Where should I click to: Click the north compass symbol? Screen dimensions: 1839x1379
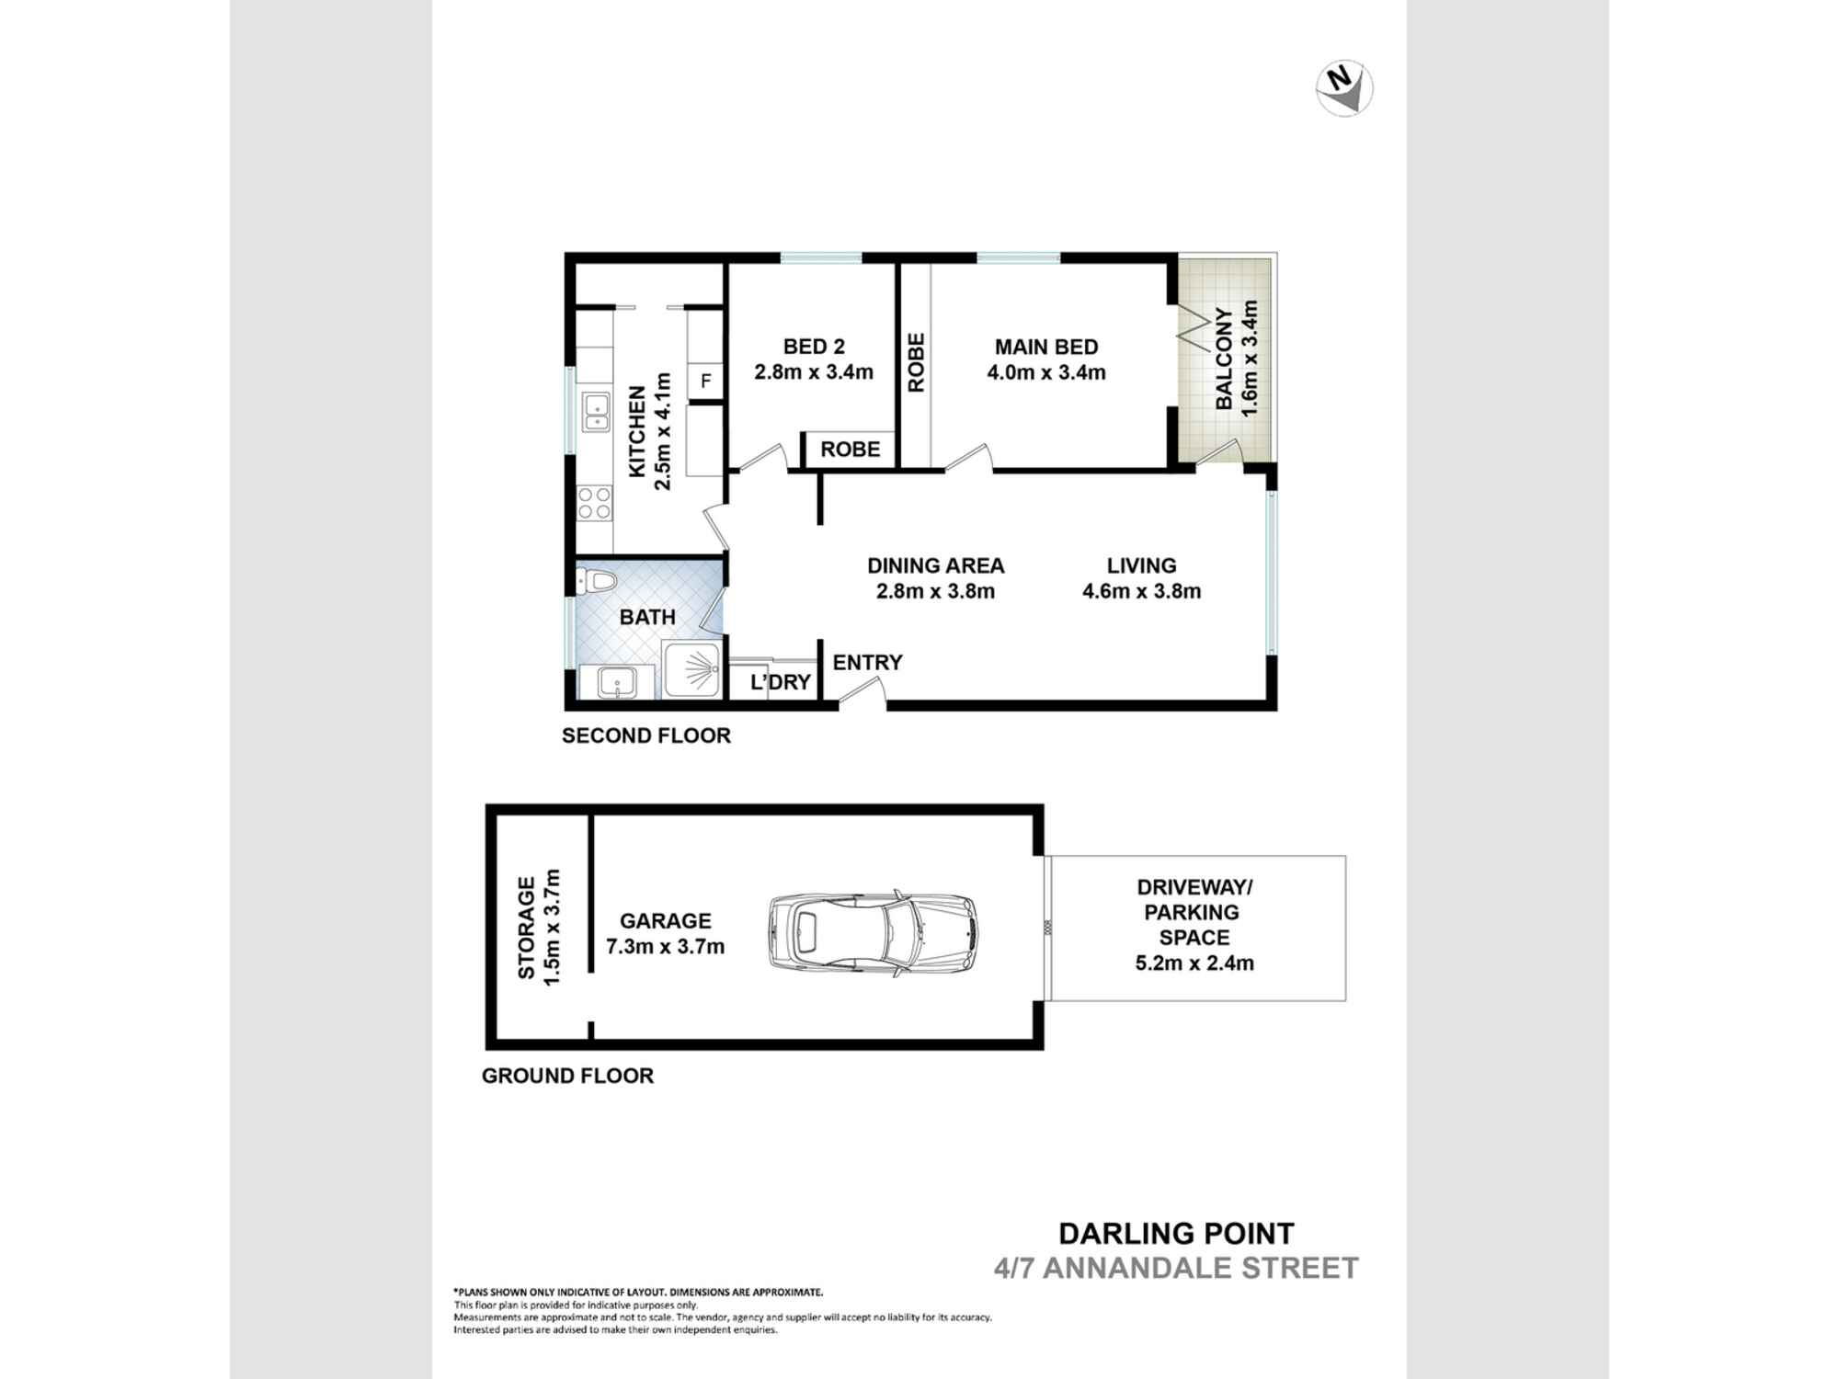(1344, 88)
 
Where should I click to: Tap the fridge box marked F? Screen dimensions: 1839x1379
(705, 381)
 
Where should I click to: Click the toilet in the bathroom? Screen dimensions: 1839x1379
(596, 581)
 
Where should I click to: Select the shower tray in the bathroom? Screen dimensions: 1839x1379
(692, 670)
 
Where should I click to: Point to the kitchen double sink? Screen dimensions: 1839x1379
(596, 412)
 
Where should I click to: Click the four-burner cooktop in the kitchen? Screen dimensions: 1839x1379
(594, 504)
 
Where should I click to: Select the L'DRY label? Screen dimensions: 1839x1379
(781, 682)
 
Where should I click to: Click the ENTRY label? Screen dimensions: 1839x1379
(867, 662)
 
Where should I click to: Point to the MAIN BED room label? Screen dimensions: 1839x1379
(1046, 347)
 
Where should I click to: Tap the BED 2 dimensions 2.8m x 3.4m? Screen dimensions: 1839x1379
(814, 372)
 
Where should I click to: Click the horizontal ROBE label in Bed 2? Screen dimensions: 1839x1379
(851, 449)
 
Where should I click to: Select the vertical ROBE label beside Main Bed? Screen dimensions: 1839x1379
(916, 362)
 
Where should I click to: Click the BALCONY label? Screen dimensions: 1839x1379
(1224, 359)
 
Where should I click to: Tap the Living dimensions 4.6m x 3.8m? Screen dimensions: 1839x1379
(1141, 591)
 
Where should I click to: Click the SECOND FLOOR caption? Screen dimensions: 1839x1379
(646, 735)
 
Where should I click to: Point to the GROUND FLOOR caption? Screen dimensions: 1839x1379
(567, 1076)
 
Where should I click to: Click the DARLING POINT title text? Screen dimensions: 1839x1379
(1177, 1234)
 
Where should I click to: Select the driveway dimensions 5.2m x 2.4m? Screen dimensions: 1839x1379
(1194, 963)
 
